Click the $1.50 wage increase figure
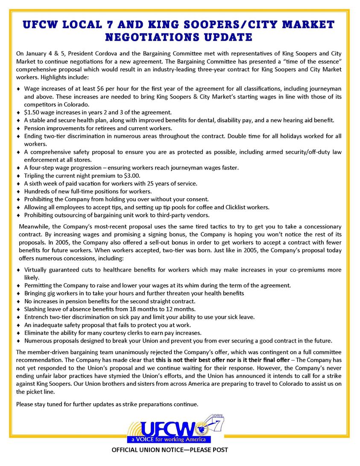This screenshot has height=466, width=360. tap(32, 112)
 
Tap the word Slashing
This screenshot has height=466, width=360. tap(36, 309)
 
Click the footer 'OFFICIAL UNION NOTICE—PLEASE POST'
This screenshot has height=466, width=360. tap(170, 450)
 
